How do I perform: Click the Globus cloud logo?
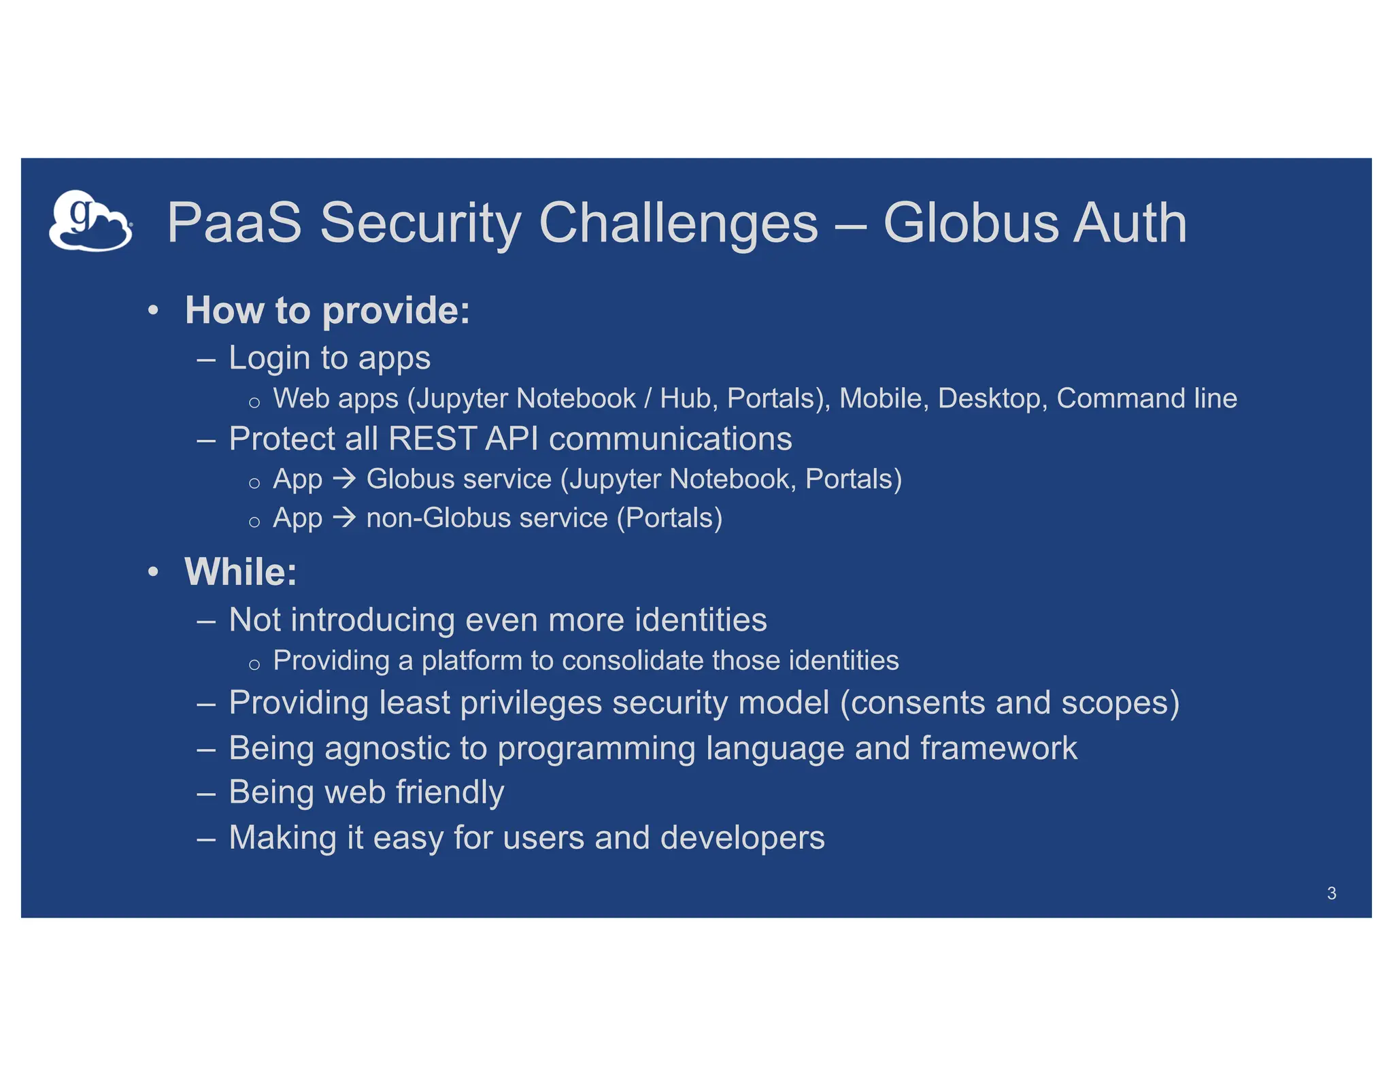click(90, 221)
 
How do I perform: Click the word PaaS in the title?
click(234, 222)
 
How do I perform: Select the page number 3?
click(1331, 893)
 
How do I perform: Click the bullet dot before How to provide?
click(154, 311)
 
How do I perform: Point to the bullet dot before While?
click(154, 572)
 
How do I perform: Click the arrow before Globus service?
click(344, 479)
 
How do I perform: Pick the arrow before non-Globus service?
click(344, 518)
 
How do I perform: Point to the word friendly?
click(450, 792)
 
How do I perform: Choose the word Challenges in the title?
click(678, 222)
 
